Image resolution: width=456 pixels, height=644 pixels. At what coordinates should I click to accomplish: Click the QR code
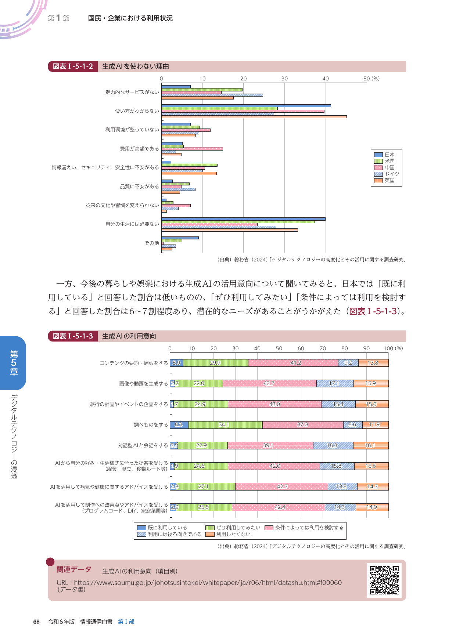384,580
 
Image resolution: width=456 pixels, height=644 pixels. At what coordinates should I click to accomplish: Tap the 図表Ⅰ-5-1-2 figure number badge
73,66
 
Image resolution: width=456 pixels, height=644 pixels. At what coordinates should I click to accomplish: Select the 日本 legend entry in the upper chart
386,155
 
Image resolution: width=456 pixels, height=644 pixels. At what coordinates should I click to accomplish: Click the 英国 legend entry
386,180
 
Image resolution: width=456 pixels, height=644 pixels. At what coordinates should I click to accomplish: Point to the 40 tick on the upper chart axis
326,79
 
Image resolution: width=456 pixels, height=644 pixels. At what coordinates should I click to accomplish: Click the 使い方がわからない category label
137,111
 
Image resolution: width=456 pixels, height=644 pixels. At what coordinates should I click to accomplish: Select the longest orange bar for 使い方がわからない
254,117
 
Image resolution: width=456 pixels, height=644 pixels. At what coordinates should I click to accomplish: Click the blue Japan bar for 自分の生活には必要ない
243,219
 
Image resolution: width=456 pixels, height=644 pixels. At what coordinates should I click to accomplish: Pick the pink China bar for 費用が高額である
192,149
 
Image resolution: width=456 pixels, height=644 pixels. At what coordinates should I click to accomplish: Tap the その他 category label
152,243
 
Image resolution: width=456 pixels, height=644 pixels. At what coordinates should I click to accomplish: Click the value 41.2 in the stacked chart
295,363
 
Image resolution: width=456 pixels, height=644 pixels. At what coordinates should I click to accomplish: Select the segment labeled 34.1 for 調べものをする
223,424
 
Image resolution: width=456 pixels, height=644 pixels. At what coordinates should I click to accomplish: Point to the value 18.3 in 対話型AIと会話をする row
332,445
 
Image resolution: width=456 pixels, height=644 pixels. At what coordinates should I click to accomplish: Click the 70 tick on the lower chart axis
323,348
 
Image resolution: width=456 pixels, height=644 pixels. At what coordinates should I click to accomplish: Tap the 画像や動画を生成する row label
143,384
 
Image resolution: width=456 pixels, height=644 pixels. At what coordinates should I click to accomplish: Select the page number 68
36,622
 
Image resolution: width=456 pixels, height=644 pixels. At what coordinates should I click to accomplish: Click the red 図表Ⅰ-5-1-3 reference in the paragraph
373,311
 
